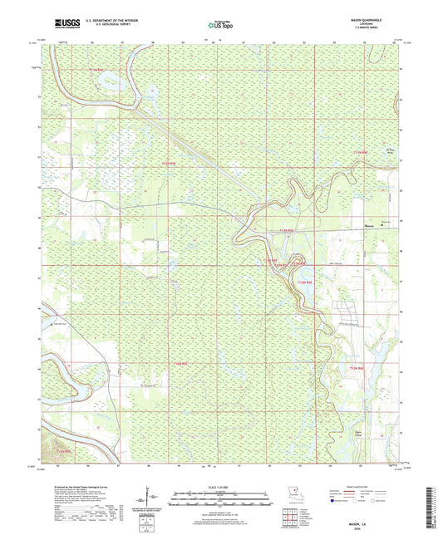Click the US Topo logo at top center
click(x=221, y=26)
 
